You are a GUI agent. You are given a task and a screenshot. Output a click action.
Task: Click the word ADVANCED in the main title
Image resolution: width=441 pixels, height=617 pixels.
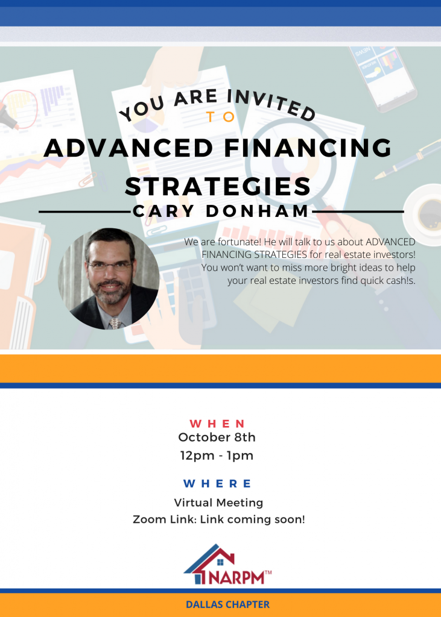128,148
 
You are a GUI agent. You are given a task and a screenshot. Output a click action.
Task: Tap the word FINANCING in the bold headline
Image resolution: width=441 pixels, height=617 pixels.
308,148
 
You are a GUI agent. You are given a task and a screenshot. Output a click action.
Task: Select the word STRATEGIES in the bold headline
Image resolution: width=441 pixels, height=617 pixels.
218,187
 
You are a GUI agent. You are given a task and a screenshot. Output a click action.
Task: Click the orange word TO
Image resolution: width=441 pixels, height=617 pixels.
221,117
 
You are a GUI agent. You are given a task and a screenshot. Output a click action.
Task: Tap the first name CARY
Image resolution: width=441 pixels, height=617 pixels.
163,211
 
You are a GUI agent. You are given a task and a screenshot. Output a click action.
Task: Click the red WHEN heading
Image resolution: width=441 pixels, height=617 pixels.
217,424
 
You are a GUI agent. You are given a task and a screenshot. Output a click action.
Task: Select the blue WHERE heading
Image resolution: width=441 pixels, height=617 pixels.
217,484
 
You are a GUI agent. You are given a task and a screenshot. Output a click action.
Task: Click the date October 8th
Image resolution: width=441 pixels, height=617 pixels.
217,437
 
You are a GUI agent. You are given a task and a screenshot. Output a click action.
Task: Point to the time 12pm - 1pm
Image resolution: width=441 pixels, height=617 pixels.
217,456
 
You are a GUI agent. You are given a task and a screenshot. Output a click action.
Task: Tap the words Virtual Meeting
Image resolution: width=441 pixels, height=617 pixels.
218,503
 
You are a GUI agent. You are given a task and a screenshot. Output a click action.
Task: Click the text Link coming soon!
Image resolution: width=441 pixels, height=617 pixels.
252,519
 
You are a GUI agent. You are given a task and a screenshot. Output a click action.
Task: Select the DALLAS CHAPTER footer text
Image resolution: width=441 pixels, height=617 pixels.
228,604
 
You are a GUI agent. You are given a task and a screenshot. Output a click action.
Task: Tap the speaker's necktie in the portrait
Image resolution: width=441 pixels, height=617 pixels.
115,323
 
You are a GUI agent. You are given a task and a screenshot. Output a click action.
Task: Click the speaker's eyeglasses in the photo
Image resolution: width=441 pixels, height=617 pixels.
110,266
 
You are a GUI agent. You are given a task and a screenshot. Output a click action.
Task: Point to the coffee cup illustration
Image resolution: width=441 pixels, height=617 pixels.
424,215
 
